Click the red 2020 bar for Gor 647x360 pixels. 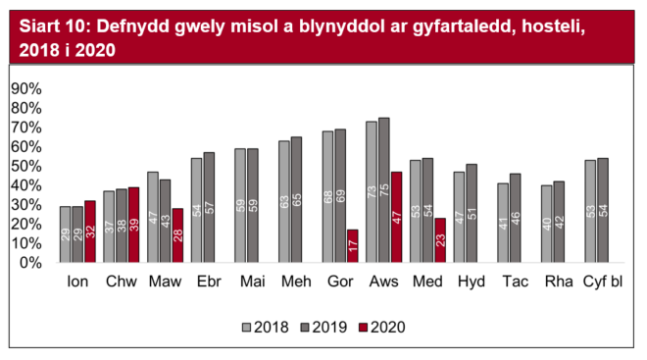pyautogui.click(x=352, y=246)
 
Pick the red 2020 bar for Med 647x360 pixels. pyautogui.click(x=439, y=240)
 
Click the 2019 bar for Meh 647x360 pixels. pyautogui.click(x=297, y=200)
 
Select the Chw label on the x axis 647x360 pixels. pyautogui.click(x=121, y=283)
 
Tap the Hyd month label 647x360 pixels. pyautogui.click(x=473, y=283)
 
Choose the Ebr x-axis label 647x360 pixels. pyautogui.click(x=209, y=283)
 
